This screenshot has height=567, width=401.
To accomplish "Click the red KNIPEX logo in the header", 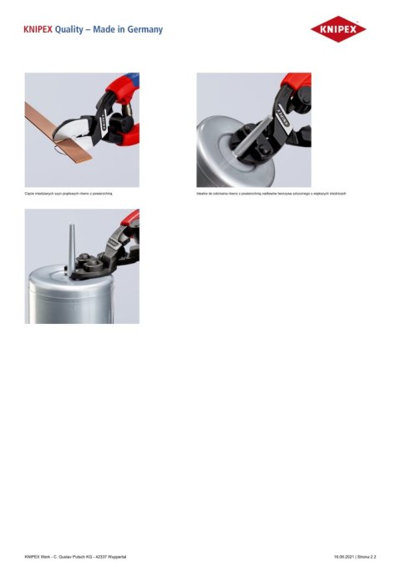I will [x=338, y=30].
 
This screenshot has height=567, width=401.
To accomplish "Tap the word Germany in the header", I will [x=143, y=30].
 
